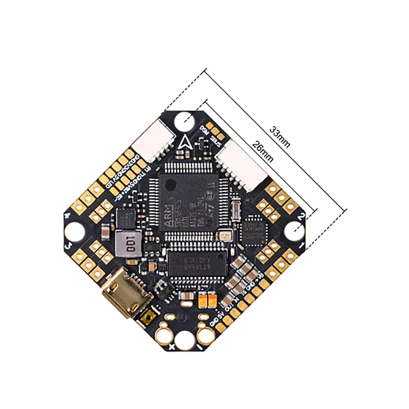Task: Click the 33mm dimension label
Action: pos(280,137)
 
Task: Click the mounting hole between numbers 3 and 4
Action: pos(74,231)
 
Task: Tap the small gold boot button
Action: pos(148,318)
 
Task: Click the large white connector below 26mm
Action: pos(243,165)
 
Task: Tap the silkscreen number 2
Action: pos(302,216)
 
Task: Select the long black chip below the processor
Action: pos(197,262)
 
